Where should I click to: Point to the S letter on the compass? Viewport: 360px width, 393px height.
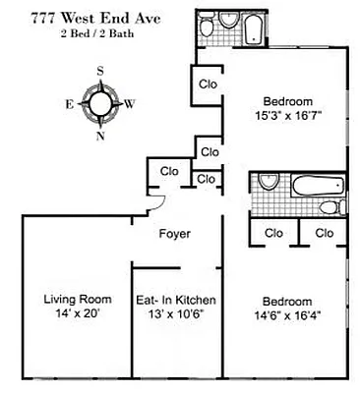point(100,71)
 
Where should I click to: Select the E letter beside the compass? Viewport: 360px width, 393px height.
point(69,102)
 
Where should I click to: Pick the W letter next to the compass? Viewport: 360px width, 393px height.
point(132,102)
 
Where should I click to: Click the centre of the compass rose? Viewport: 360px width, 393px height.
point(100,102)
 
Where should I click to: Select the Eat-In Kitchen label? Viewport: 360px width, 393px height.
point(176,300)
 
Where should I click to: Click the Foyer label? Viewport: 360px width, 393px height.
point(175,234)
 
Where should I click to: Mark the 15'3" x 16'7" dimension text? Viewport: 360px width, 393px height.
point(286,115)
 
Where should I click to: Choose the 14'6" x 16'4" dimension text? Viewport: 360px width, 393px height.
point(286,316)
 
